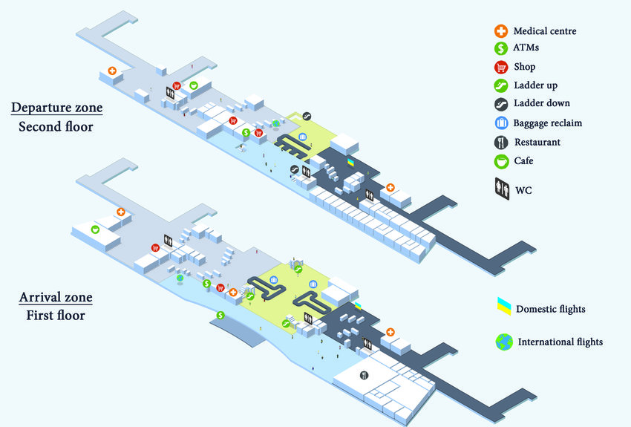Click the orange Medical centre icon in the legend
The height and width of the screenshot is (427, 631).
[501, 31]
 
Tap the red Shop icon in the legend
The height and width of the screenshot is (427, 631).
[501, 67]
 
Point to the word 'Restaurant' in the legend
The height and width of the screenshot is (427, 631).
[537, 142]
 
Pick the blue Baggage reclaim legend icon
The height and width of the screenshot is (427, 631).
[501, 123]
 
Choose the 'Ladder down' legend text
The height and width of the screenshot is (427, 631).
[542, 103]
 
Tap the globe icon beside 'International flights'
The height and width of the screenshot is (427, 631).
[505, 342]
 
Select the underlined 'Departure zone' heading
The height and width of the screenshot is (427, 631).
[56, 108]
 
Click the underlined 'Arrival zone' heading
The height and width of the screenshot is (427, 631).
[56, 298]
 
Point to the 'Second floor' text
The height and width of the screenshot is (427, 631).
[56, 127]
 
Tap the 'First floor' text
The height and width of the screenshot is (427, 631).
[53, 316]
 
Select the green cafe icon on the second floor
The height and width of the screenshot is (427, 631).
[194, 85]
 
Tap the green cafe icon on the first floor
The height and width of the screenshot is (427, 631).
[95, 229]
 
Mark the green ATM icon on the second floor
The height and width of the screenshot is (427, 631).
[246, 132]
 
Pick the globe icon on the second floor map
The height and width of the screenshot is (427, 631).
[275, 124]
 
